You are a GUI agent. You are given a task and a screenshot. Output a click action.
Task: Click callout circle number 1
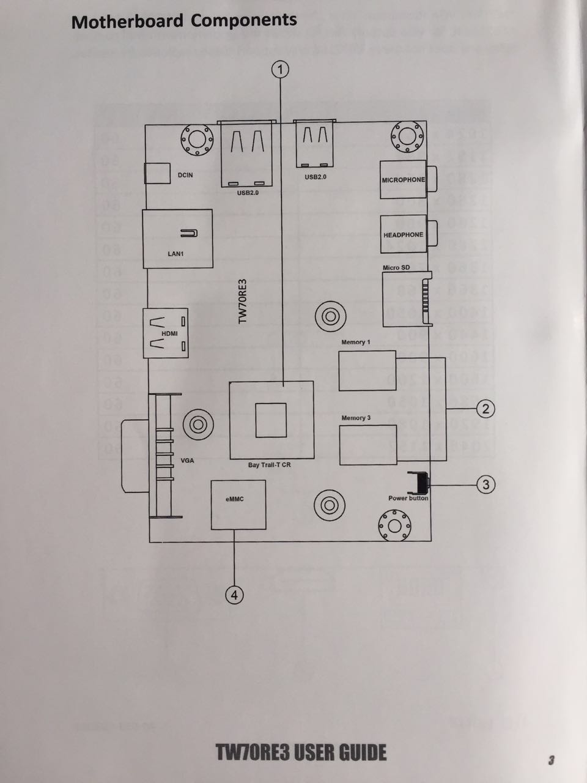[280, 70]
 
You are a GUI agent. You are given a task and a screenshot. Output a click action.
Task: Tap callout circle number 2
[485, 409]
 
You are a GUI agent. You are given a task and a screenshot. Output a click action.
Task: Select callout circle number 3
[485, 484]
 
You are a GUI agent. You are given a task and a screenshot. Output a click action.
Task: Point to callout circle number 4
[235, 594]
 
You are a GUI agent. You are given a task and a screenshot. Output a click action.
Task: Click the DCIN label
[185, 176]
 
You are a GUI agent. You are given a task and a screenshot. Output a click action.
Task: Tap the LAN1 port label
[175, 254]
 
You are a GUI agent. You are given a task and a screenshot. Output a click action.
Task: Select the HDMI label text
[169, 333]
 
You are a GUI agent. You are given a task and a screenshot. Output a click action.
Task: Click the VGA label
[188, 460]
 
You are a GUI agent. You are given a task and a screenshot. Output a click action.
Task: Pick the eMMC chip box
[238, 505]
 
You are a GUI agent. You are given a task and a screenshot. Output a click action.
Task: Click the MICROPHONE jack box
[403, 180]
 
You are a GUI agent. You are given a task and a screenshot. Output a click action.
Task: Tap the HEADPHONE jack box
[403, 235]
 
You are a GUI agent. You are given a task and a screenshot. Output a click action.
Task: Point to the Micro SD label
[396, 268]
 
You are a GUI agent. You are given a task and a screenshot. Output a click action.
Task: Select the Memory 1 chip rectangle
[367, 371]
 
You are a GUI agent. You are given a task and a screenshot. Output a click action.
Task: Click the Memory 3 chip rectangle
[368, 445]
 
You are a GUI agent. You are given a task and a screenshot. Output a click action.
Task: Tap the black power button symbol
[420, 483]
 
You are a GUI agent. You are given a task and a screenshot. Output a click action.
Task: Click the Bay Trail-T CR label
[270, 466]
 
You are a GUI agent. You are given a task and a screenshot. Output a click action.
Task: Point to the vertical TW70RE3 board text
[243, 301]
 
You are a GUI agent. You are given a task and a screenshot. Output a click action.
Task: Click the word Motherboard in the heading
[127, 21]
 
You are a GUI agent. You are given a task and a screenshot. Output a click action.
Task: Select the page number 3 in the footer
[551, 760]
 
